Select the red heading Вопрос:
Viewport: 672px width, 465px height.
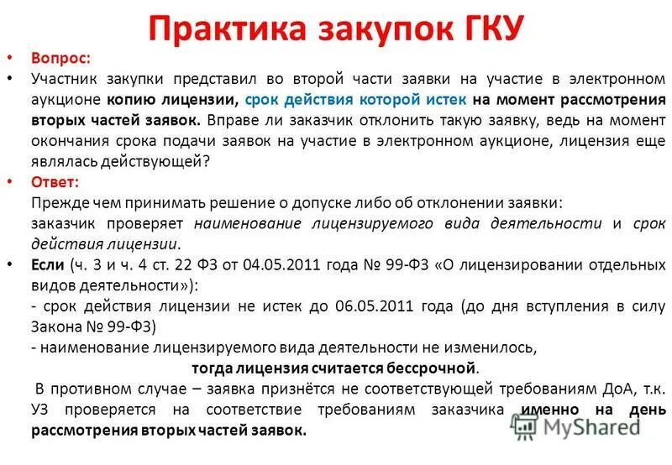pyautogui.click(x=58, y=59)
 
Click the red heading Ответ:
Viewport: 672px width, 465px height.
pyautogui.click(x=55, y=182)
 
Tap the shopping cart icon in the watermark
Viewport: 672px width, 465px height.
pyautogui.click(x=523, y=426)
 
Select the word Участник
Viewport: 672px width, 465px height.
pyautogui.click(x=63, y=79)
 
